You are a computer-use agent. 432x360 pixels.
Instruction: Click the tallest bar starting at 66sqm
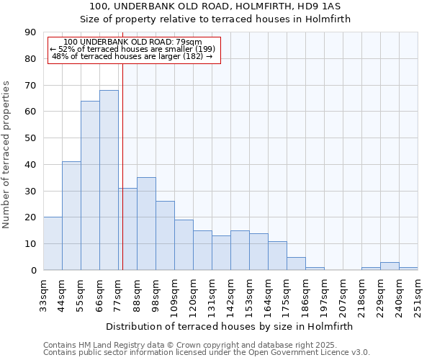[109, 180]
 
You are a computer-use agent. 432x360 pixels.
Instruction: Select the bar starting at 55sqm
[90, 186]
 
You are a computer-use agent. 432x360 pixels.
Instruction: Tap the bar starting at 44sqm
[71, 216]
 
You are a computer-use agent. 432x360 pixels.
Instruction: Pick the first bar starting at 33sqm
[53, 243]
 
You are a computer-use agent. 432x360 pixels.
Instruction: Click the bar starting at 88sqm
[146, 223]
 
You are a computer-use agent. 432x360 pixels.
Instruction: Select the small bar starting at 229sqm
[390, 266]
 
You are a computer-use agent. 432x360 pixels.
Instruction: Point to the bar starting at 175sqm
[296, 264]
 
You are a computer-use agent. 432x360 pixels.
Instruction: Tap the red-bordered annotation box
[133, 50]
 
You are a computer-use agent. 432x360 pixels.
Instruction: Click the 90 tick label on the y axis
[30, 32]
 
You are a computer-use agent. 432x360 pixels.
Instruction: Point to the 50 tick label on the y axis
[30, 138]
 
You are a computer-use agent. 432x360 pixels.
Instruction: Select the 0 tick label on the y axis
[33, 271]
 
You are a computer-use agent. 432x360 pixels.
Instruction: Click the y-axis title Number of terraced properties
[7, 154]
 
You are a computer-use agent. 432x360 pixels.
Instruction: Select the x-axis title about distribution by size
[229, 326]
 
